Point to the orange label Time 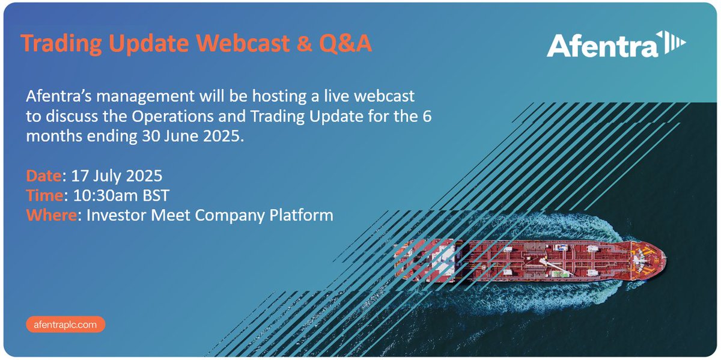tap(44, 196)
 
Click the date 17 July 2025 tap(116, 177)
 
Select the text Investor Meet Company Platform tap(210, 215)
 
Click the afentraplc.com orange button tap(66, 325)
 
